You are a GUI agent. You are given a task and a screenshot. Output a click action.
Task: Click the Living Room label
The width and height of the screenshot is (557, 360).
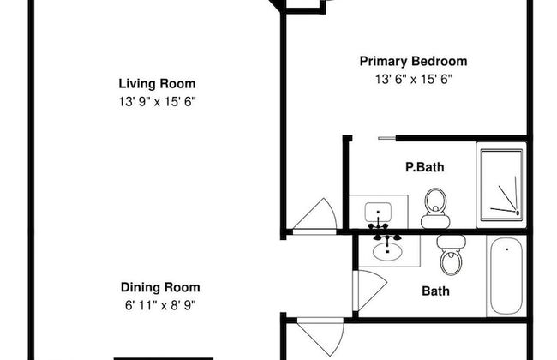pos(157,84)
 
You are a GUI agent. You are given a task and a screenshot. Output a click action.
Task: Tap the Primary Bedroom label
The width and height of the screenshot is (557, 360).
pos(414,61)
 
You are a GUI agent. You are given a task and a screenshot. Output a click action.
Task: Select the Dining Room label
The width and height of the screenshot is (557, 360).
pos(160,287)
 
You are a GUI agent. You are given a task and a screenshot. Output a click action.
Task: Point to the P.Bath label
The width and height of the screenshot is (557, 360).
pos(425,167)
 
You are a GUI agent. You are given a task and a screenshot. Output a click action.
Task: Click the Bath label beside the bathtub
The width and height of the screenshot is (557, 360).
pos(436,291)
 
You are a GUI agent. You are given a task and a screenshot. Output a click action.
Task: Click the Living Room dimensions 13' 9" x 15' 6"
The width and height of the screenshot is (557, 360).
pos(158,102)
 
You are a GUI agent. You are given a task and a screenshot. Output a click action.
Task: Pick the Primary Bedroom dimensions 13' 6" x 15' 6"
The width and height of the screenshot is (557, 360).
pos(414,79)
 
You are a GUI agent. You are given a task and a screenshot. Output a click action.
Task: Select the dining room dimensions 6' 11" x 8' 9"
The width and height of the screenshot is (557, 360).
pos(160,305)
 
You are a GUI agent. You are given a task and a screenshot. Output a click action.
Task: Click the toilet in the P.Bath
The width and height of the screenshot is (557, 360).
pos(435,208)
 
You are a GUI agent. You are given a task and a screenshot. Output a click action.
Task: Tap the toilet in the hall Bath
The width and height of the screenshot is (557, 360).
pos(451,255)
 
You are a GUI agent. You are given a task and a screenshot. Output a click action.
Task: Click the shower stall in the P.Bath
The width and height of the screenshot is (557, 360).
pos(501,185)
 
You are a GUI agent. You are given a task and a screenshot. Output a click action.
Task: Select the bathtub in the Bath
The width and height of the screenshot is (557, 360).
pos(506,276)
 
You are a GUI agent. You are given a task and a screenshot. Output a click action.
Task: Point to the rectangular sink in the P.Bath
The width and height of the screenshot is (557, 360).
pos(378,212)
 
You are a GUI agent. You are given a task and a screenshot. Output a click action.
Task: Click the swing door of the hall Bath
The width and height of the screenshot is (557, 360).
pos(370,291)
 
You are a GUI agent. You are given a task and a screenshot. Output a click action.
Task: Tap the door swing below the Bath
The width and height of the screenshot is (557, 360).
pos(320,336)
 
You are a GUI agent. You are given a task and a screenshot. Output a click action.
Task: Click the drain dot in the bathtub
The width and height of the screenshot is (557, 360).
pos(507,249)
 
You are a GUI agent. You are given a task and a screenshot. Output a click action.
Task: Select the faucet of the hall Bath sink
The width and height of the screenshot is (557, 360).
pos(387,237)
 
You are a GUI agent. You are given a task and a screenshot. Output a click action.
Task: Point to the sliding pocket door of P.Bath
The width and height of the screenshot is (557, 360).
pos(386,138)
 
